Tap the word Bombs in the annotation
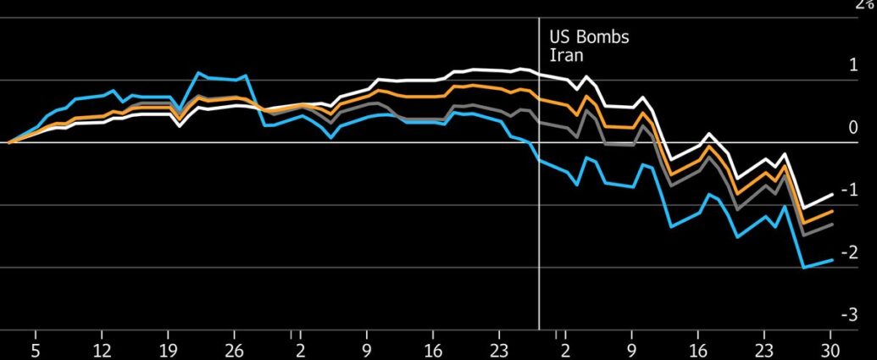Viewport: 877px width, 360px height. tap(601, 38)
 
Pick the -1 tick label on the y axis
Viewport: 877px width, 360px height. tap(852, 191)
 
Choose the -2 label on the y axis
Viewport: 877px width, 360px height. tap(852, 253)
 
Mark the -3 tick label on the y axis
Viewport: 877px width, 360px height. tap(852, 315)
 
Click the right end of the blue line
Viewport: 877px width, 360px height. tap(832, 259)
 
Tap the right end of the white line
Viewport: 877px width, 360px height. tap(832, 194)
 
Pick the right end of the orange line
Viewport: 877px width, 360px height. tap(832, 211)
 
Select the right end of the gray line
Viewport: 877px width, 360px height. tap(832, 224)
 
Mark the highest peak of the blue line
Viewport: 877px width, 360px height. tap(198, 73)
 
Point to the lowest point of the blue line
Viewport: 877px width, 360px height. tap(803, 268)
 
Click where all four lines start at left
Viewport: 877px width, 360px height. tap(8, 143)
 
